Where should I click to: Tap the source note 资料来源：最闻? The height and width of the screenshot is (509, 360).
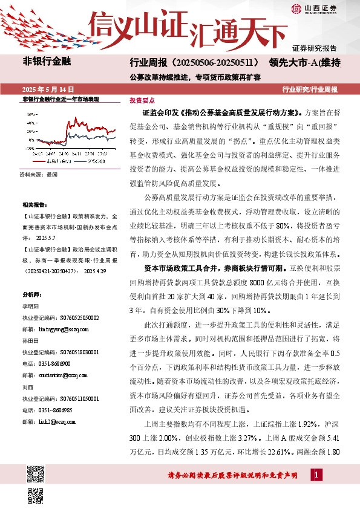point(39,174)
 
